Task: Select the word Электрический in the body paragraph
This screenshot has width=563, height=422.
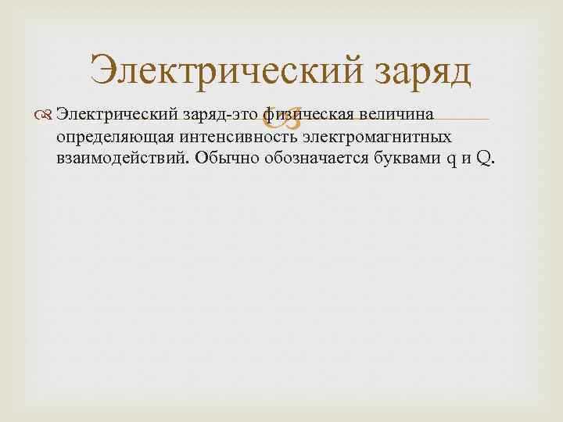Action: coord(117,116)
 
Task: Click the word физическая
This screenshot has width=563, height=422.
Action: coord(309,116)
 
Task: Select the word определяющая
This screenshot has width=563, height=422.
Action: coord(110,138)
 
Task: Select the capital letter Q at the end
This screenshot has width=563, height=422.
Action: coord(483,160)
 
